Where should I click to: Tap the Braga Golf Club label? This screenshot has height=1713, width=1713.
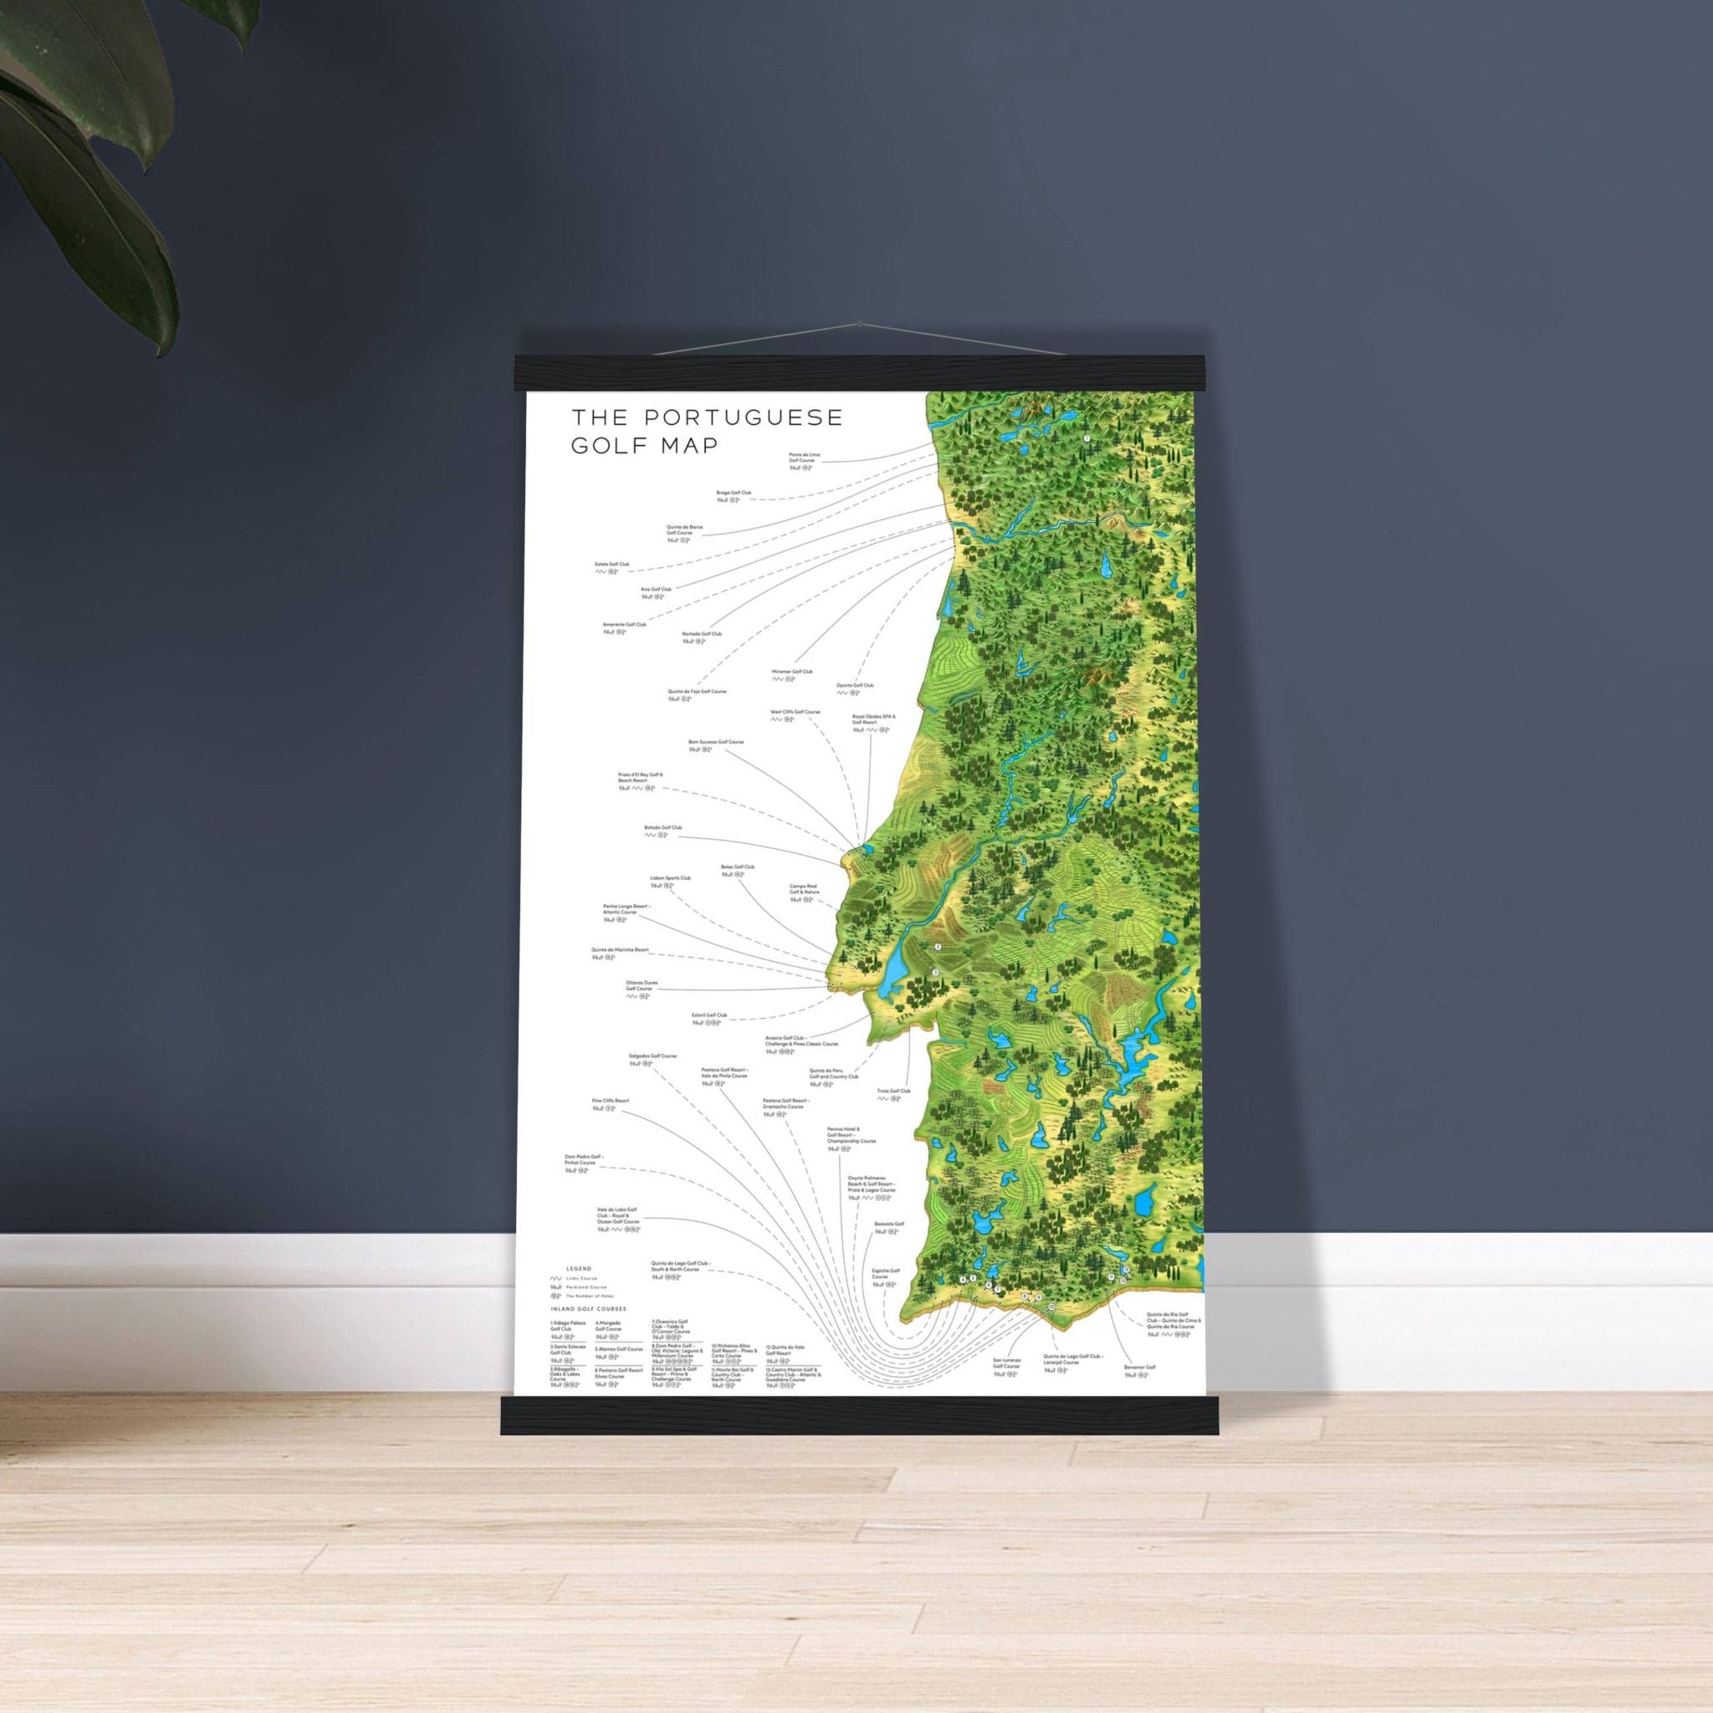tap(734, 492)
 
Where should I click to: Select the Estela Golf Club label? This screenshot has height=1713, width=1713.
tap(611, 564)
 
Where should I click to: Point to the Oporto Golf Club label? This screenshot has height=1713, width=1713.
tap(855, 685)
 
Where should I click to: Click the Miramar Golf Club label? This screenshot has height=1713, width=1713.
tap(792, 672)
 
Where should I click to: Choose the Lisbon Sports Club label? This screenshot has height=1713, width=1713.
tap(670, 877)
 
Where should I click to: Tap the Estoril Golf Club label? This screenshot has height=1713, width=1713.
tap(709, 1015)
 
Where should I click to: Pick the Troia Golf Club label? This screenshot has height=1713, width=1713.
tap(894, 1092)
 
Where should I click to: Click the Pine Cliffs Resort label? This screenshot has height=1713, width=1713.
tap(610, 1101)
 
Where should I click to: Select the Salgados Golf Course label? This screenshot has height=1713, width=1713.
tap(652, 1056)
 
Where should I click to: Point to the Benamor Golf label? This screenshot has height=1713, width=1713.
tap(1139, 1392)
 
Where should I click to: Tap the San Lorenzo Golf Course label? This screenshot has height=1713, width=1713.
tap(1006, 1388)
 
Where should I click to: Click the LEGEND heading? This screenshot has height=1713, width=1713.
tap(578, 1269)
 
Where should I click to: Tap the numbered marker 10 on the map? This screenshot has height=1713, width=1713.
tap(1051, 1332)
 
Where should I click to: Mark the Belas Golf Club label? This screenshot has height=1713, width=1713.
tap(738, 867)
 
